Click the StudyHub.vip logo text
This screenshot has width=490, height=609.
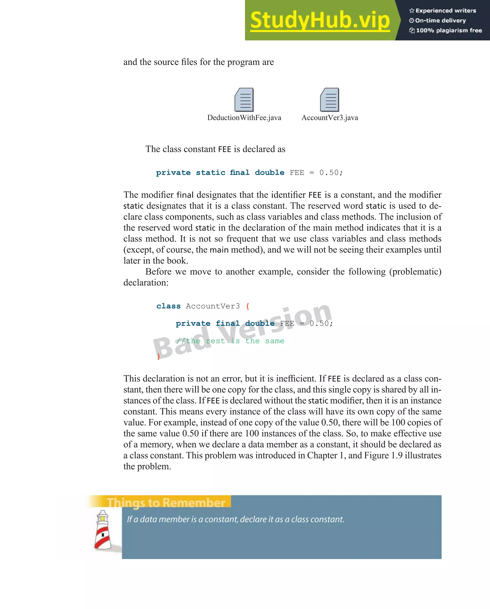[320, 20]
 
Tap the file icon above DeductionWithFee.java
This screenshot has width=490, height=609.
[244, 100]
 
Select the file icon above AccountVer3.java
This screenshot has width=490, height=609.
[330, 100]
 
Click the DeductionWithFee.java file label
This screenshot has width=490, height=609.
[244, 118]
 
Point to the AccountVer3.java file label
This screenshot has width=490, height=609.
[330, 118]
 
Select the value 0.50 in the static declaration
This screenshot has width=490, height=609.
[329, 173]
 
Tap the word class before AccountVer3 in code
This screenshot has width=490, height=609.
[168, 306]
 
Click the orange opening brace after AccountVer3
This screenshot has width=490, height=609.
[248, 306]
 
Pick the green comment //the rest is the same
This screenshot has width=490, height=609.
[230, 341]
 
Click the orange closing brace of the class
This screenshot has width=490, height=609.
[158, 357]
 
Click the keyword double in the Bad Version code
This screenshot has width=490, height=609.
[260, 324]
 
